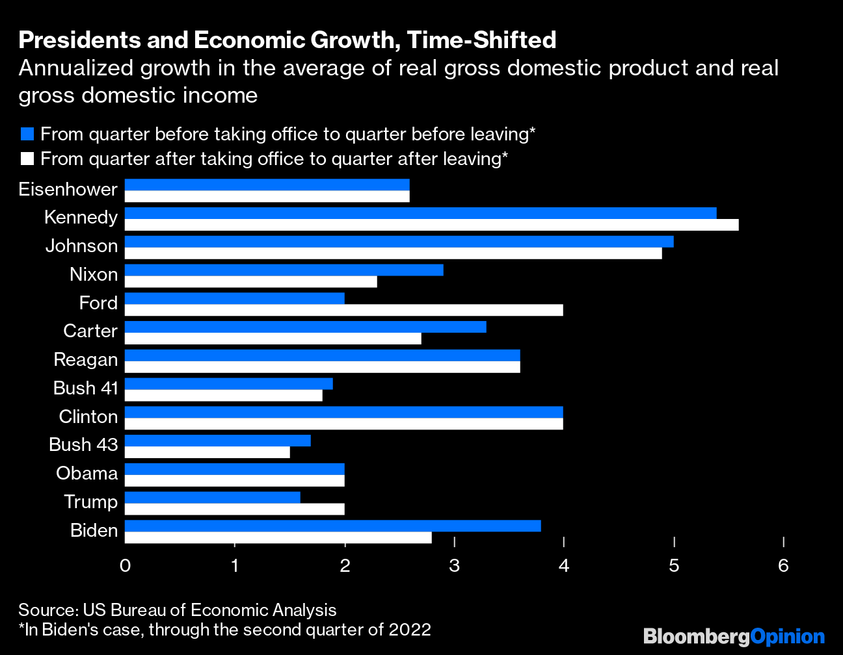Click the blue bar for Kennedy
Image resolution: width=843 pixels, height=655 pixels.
420,213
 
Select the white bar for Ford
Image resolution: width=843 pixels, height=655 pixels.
343,310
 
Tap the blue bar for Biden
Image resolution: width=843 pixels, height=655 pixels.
332,526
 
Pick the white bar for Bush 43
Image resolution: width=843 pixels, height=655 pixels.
207,452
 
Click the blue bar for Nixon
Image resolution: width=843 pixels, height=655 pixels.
284,270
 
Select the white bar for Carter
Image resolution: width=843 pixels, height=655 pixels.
273,339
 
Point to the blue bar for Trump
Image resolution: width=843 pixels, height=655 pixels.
212,498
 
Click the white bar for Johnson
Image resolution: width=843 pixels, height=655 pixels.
393,253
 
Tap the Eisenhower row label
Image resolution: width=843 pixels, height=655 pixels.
68,189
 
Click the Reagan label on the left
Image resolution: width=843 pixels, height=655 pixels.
86,359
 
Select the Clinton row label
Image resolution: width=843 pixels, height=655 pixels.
88,417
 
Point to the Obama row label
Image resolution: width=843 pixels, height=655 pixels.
87,473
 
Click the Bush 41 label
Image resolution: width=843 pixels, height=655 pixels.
86,388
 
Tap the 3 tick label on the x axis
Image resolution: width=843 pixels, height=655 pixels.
454,565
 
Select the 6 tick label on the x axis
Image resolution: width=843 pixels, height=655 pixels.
783,565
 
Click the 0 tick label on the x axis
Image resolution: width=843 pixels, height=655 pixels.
125,565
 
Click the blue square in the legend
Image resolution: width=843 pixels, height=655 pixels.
27,135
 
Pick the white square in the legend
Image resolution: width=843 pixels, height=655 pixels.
27,159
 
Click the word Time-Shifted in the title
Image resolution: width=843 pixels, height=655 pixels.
481,40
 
